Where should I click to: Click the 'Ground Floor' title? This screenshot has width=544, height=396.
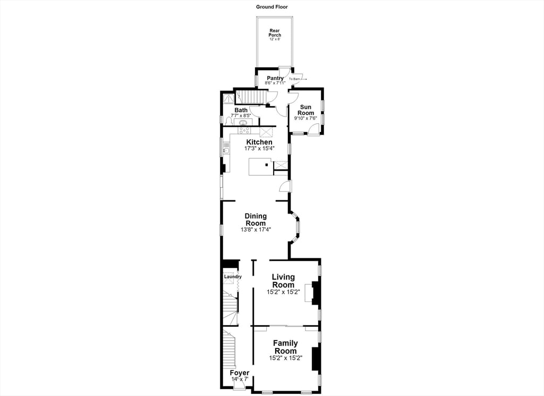coord(271,6)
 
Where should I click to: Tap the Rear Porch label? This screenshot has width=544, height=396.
coord(275,33)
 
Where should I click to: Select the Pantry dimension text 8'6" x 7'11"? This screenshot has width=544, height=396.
coord(275,83)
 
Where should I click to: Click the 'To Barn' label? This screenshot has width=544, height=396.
coord(294,79)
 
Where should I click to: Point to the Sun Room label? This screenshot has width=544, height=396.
coord(305,110)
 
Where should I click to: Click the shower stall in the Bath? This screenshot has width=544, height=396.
coord(228,98)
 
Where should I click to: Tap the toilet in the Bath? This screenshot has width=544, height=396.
coord(228,121)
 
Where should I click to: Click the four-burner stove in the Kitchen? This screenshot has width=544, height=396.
coord(244,131)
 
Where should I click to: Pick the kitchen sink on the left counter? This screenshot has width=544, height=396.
coord(226,150)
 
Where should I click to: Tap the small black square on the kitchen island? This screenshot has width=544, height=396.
coord(267,165)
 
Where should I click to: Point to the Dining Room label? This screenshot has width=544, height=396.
coord(256,220)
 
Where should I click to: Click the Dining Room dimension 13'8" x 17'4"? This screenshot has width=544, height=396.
coord(256,230)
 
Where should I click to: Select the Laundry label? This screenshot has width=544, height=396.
coord(233,277)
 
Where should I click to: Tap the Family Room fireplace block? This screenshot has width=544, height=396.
coord(315,359)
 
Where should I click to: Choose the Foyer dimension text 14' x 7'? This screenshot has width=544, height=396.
coord(240,380)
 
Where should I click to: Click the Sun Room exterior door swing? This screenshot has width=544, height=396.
coord(314,130)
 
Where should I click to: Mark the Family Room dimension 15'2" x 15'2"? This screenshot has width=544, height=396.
coord(286,358)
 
